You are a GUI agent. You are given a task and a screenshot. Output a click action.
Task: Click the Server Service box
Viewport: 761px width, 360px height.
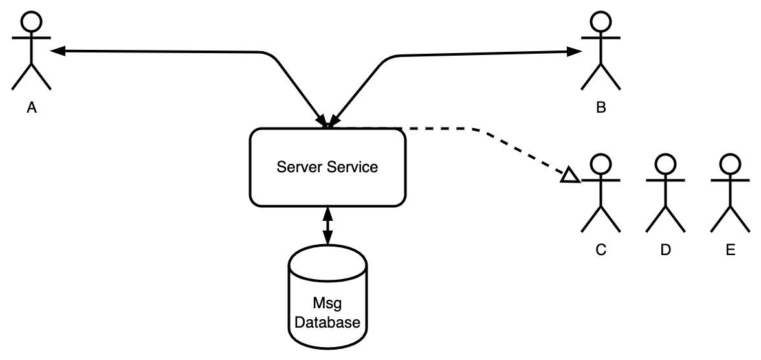[x=327, y=168]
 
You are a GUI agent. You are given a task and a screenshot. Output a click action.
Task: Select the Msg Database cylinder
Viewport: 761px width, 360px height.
[x=327, y=297]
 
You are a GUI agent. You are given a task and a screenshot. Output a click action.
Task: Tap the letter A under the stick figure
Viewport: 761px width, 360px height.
[x=32, y=107]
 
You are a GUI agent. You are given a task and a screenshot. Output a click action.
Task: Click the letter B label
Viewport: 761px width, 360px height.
[x=601, y=107]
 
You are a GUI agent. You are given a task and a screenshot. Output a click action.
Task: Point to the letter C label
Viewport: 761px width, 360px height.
[x=601, y=250]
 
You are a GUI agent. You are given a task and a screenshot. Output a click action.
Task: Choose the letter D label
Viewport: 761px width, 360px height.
[x=665, y=250]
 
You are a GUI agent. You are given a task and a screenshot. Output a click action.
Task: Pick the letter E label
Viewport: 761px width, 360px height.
[x=731, y=250]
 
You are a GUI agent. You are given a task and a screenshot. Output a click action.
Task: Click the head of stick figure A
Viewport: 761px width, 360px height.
[x=32, y=21]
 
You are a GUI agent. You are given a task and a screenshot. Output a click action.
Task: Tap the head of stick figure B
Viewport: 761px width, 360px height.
[x=601, y=21]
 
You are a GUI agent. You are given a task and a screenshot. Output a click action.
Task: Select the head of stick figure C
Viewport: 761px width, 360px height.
[x=601, y=164]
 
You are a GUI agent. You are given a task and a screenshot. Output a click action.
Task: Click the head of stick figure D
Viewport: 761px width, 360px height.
[x=665, y=164]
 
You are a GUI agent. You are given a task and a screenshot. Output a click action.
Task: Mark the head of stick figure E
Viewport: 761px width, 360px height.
[x=731, y=164]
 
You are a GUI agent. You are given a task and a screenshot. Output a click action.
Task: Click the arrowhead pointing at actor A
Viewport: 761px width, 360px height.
[x=57, y=51]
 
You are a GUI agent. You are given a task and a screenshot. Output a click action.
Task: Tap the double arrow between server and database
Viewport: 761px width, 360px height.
[x=327, y=226]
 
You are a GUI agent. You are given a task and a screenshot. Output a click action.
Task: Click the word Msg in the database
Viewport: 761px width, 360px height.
[x=327, y=304]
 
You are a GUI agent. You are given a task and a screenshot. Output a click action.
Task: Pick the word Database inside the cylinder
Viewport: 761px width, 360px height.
[x=327, y=322]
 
